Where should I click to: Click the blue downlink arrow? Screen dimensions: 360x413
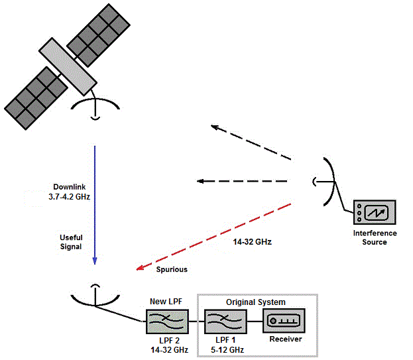95,199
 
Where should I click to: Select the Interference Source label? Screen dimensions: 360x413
375,237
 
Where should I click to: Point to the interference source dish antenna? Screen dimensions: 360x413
326,181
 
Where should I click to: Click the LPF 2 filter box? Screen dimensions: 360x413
166,324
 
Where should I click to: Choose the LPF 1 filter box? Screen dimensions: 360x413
224,324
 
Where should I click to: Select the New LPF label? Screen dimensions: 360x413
166,302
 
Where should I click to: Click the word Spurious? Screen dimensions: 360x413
172,270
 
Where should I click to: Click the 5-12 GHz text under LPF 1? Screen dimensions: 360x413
224,349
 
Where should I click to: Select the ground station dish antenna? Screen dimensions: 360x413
95,296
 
